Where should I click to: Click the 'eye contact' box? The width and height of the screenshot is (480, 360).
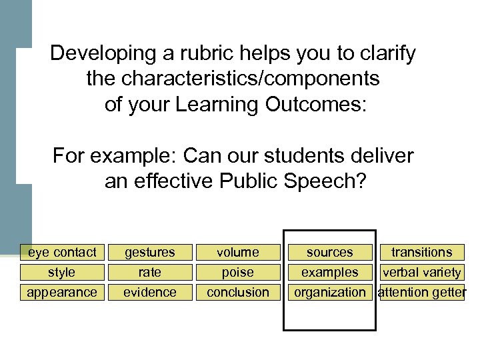click(62, 252)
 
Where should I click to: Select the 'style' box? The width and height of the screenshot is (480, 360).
click(62, 272)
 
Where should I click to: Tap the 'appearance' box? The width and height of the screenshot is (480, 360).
click(62, 292)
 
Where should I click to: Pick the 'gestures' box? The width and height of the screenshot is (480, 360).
click(150, 252)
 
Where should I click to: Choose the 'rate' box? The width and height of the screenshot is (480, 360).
click(150, 272)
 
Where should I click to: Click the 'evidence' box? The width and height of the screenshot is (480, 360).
click(150, 292)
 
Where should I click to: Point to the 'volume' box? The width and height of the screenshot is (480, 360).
click(238, 252)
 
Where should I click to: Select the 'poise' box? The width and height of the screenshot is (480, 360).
click(238, 272)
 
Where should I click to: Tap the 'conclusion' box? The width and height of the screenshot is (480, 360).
click(238, 292)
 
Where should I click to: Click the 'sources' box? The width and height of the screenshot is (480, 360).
click(330, 252)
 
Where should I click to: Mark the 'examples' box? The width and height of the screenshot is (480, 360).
click(330, 272)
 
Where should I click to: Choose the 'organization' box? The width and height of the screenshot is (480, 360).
click(330, 292)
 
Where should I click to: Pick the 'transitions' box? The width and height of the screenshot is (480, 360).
click(421, 252)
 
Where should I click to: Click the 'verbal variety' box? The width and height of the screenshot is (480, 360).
click(421, 272)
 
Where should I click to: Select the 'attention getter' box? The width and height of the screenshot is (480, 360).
click(421, 292)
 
